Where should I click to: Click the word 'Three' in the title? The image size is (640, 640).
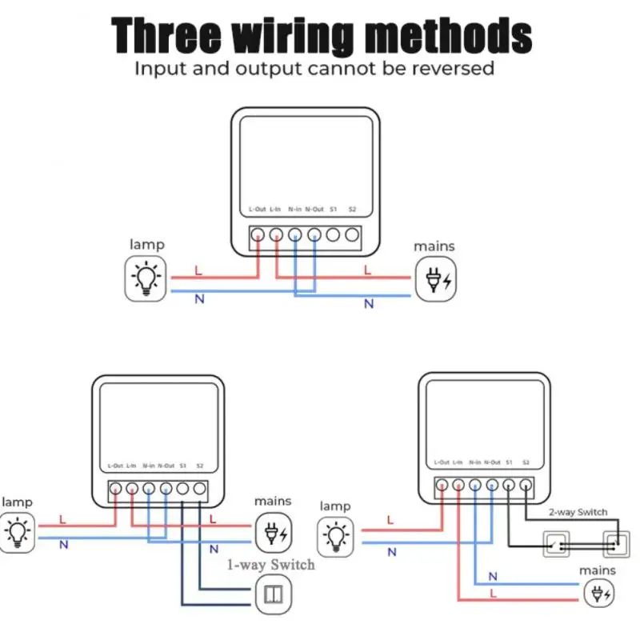point(165,36)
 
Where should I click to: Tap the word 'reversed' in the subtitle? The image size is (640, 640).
point(453,68)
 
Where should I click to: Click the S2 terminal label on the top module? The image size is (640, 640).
point(352,210)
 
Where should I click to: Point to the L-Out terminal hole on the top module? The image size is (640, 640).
point(257,235)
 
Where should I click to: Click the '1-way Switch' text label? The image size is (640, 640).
point(270,565)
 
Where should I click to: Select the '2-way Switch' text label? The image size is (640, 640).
point(578,512)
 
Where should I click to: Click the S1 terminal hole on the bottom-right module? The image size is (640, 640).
point(509,485)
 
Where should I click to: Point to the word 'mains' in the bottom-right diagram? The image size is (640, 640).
point(598,570)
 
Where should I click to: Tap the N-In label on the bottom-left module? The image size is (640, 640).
point(149,466)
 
